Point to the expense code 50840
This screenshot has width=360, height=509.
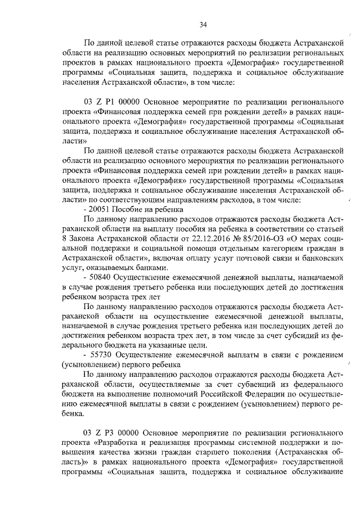pyautogui.click(x=98, y=277)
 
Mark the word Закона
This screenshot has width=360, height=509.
pyautogui.click(x=82, y=238)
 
